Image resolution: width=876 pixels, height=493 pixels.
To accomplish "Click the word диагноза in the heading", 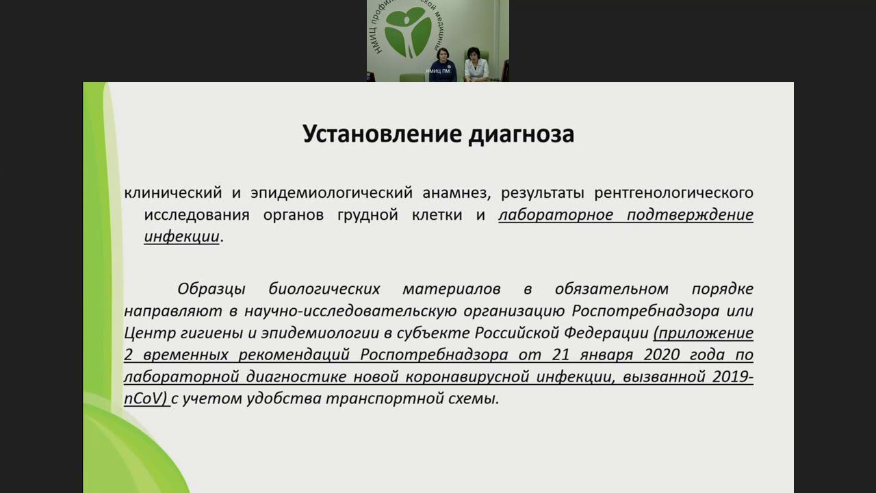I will (521, 134).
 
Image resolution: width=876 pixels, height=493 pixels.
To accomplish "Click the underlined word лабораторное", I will (555, 215).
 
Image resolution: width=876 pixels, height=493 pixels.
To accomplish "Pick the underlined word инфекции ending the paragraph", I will (181, 237).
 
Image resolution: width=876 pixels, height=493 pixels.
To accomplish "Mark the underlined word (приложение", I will (704, 333).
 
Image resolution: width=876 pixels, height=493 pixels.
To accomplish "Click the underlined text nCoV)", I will (146, 399).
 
